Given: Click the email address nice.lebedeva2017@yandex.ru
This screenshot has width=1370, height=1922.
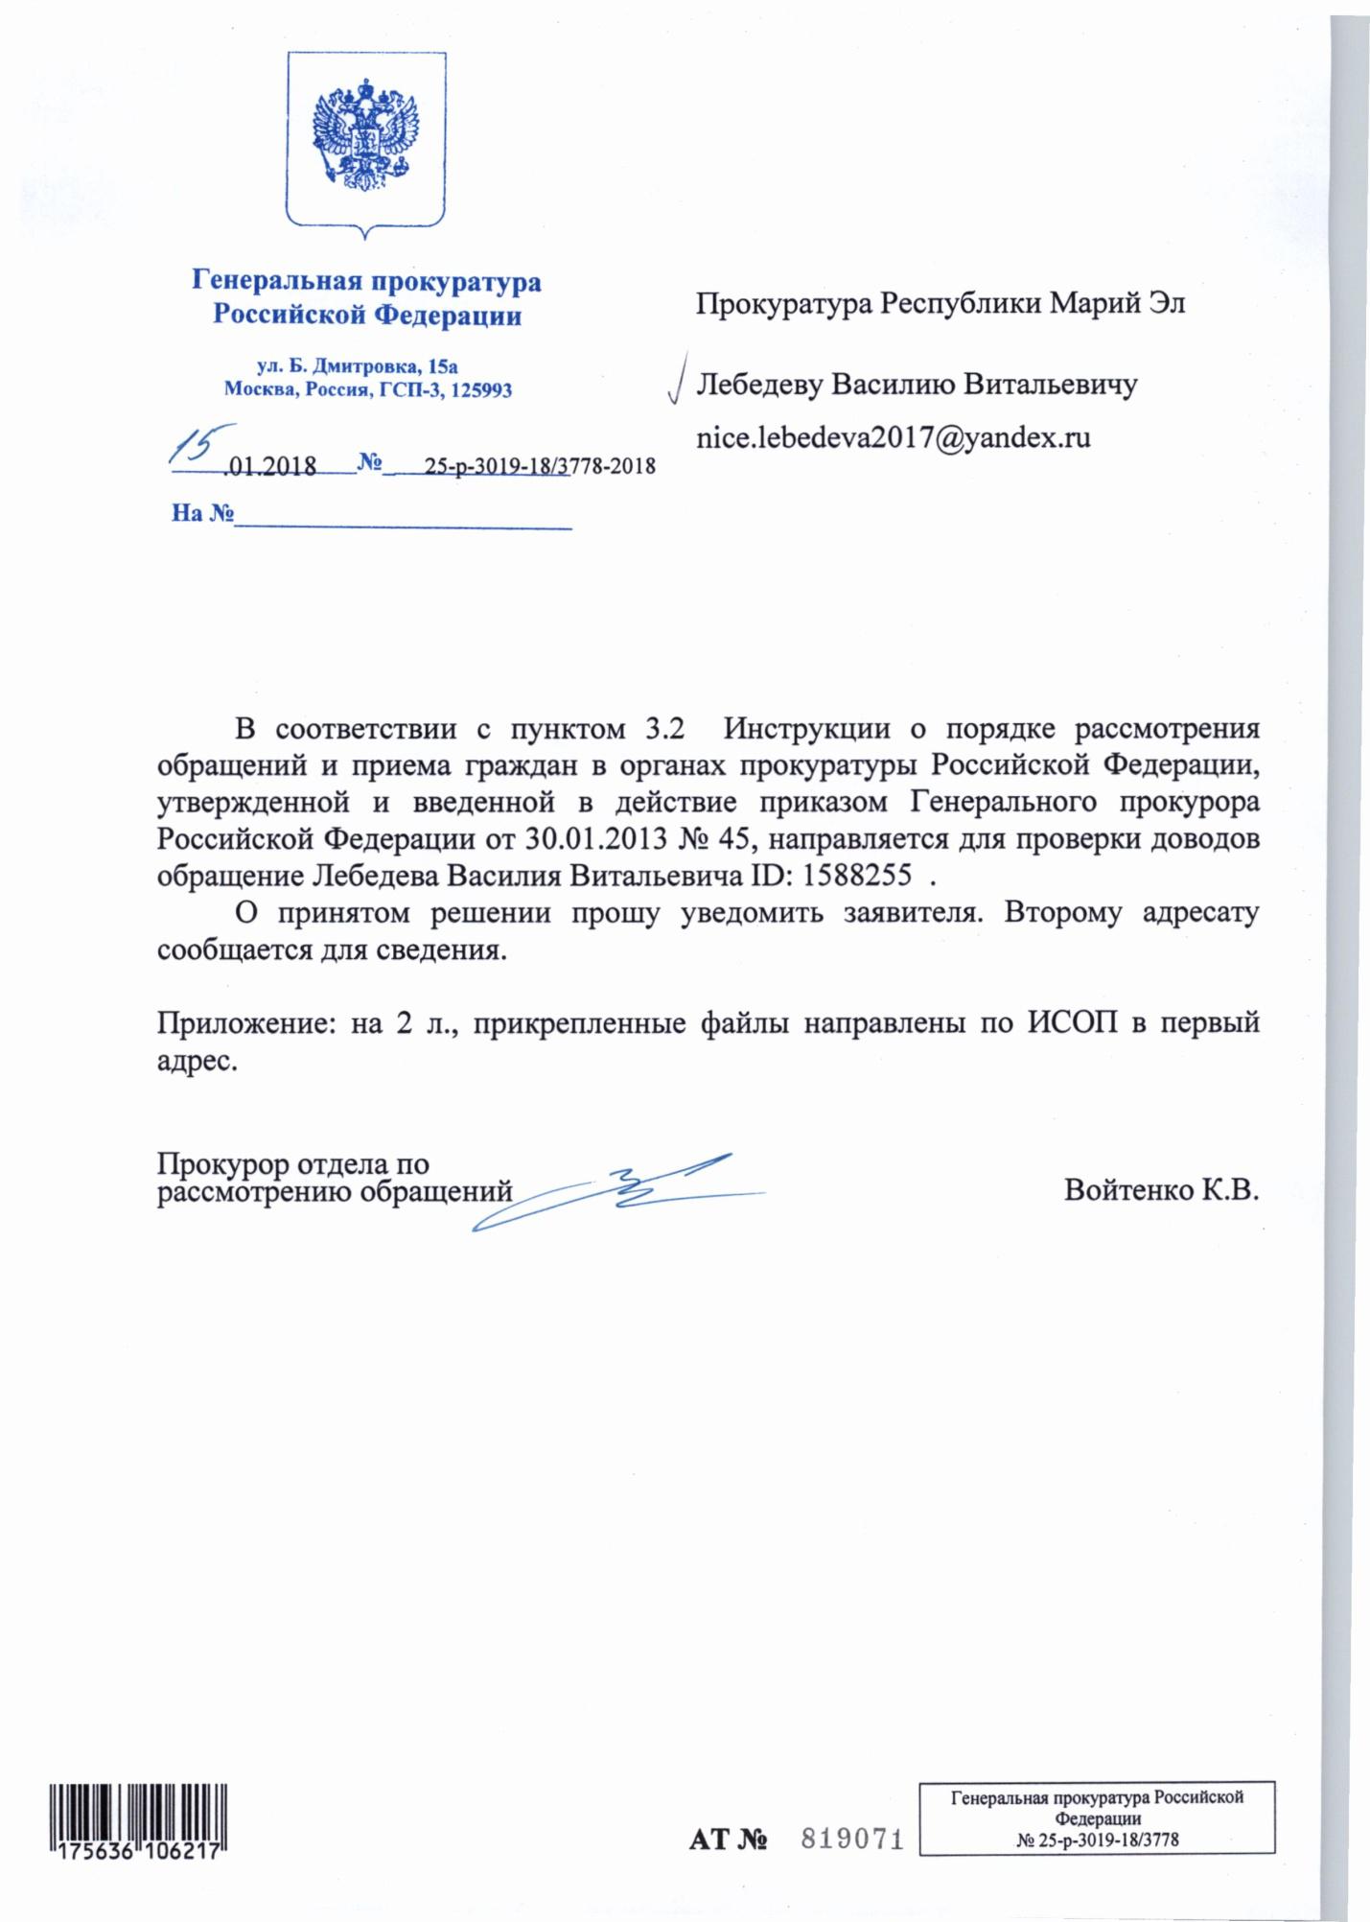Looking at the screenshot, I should [894, 438].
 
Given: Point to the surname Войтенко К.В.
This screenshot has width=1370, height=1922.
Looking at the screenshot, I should [1161, 1190].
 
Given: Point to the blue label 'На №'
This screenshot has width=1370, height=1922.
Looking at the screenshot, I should [202, 513].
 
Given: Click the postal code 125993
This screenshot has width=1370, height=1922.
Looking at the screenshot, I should [479, 390].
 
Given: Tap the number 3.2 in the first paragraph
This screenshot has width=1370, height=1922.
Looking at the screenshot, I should [661, 729].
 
